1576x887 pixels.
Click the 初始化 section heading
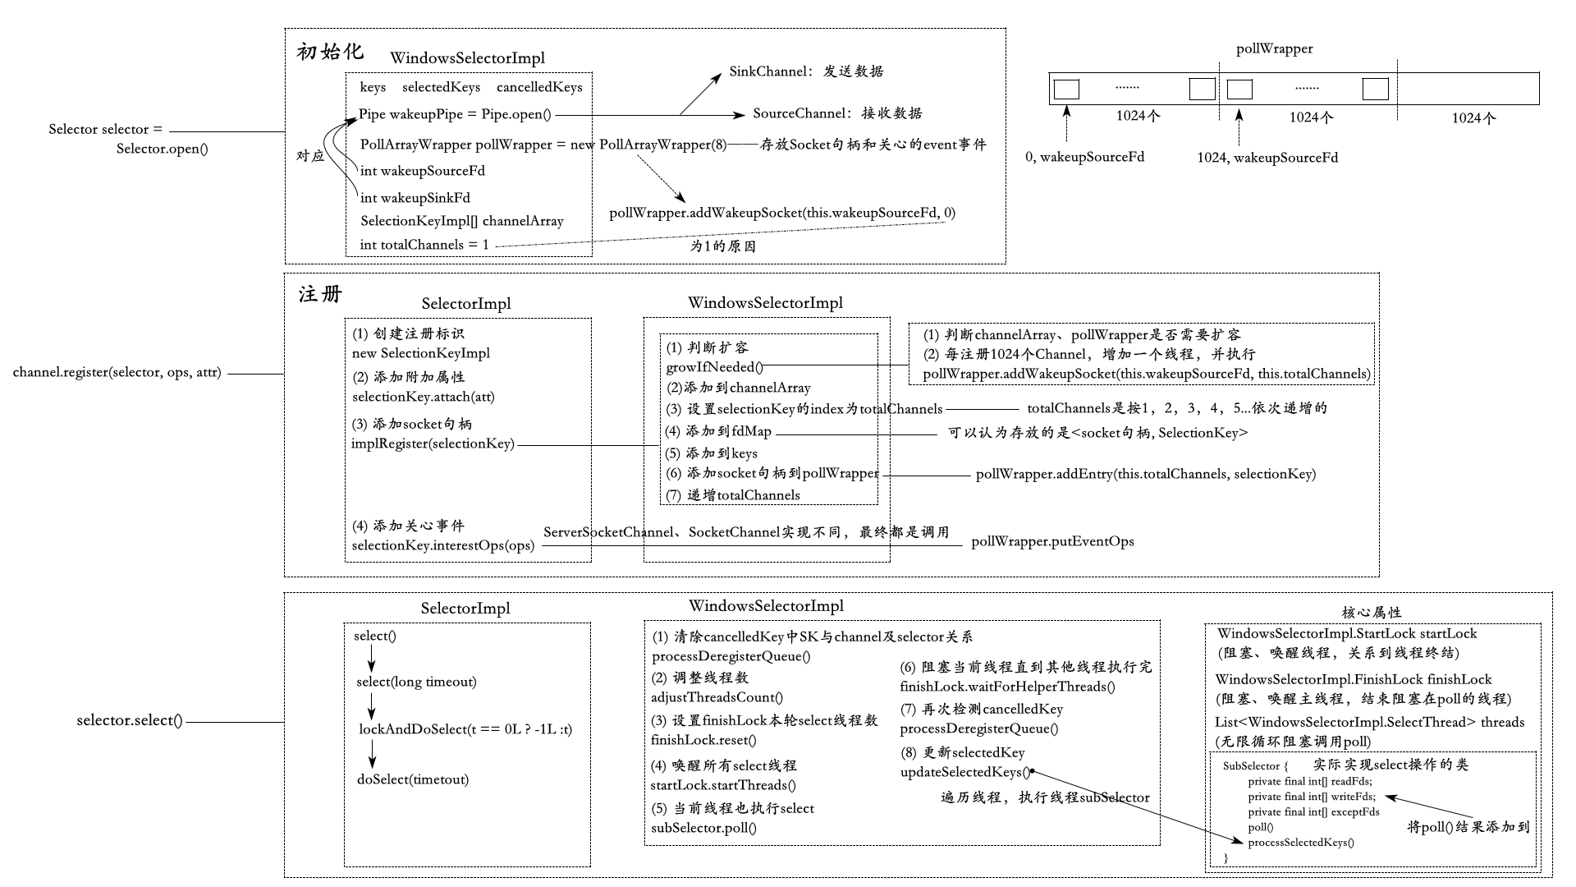[x=329, y=52]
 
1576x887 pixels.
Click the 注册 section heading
[x=320, y=294]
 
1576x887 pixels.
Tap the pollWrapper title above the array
[x=1274, y=48]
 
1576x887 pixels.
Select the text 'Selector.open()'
[x=162, y=149]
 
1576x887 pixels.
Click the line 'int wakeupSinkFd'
[x=415, y=197]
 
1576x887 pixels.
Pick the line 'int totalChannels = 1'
[x=424, y=245]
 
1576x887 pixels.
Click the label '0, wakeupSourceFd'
[x=1084, y=157]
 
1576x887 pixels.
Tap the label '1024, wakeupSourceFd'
[x=1267, y=157]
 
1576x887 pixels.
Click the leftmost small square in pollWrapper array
[x=1066, y=89]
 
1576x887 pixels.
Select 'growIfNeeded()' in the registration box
[x=714, y=367]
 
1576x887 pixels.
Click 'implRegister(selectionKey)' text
[x=433, y=443]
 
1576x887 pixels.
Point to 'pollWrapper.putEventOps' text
[x=1052, y=541]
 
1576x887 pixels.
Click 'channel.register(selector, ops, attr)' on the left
[x=117, y=372]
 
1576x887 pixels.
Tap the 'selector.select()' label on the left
[x=129, y=720]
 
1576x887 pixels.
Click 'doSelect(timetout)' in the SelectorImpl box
[x=412, y=779]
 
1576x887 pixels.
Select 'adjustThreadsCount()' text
[x=717, y=697]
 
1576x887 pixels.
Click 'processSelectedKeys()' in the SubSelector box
[x=1300, y=842]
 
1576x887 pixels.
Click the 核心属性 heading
[x=1372, y=612]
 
